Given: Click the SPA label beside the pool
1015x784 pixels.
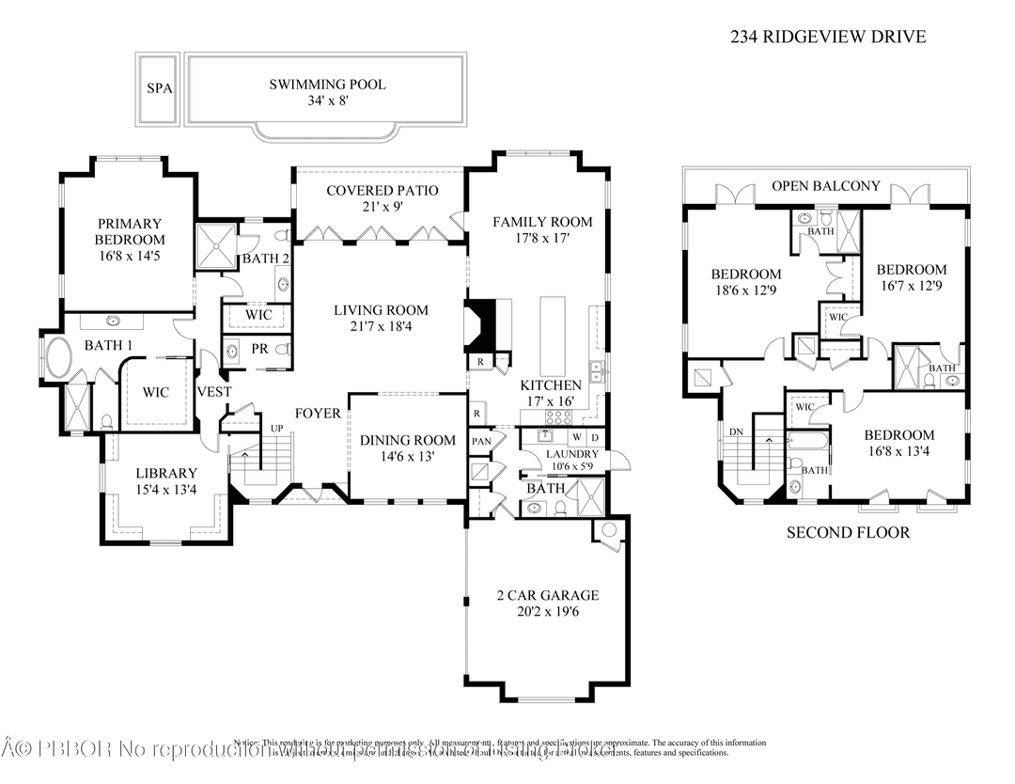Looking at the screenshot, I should pos(158,88).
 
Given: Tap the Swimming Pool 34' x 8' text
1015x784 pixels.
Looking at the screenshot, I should pos(327,92).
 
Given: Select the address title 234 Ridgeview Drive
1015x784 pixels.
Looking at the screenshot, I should pos(828,38).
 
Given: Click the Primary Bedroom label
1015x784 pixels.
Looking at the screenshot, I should pos(129,239).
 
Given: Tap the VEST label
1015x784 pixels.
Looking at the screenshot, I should pos(213,391).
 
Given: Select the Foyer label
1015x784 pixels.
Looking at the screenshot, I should pos(318,414).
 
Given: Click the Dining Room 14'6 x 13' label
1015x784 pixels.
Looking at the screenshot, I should pos(408,447).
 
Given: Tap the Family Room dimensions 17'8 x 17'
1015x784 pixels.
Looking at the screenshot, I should pos(542,239).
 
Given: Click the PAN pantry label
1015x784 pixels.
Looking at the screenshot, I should pos(481,441).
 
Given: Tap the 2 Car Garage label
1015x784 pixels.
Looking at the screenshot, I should pos(547,603).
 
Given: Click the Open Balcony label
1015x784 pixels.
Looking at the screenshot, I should pos(825,186).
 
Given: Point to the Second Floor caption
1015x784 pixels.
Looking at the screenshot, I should pos(848,533).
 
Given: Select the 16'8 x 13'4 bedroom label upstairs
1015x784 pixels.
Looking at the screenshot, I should pos(898,443).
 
